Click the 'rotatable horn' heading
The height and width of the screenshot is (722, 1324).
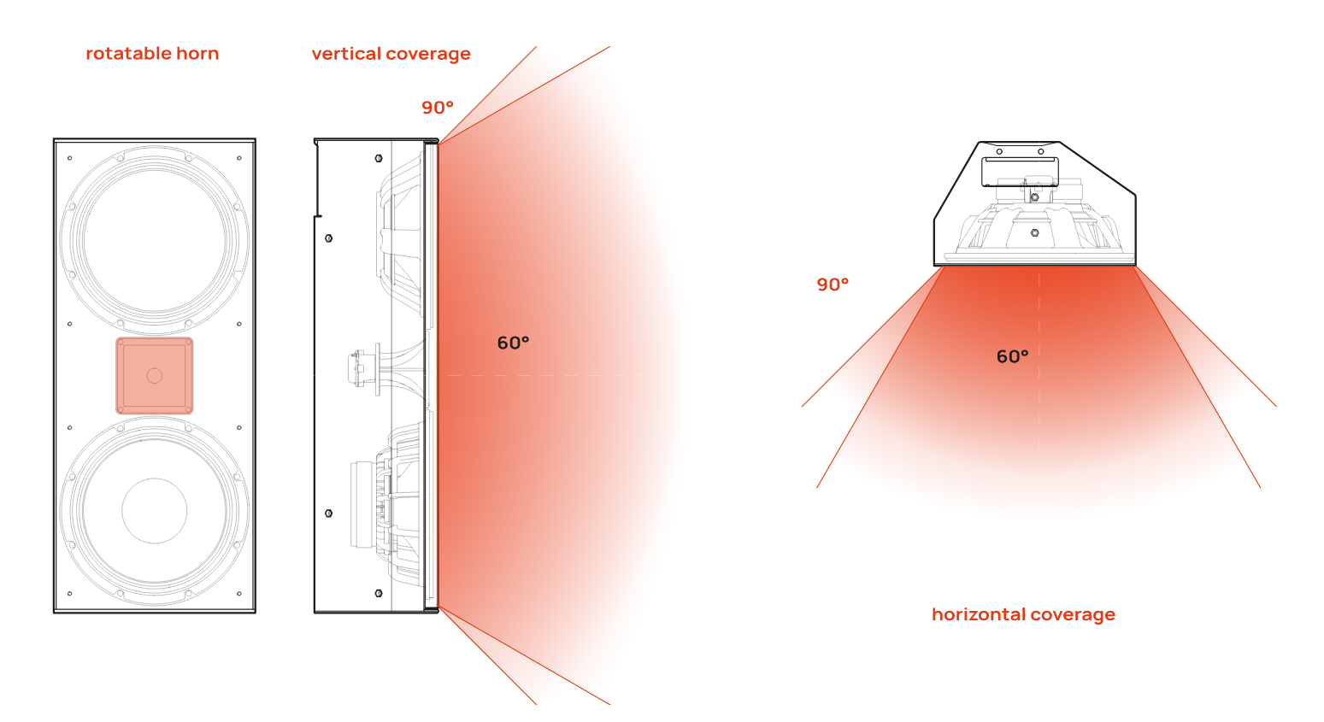[x=152, y=54]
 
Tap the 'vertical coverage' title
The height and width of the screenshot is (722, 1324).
[x=391, y=54]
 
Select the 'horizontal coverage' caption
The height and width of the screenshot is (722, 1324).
[x=1024, y=614]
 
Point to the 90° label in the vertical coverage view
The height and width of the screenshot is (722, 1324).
[x=438, y=108]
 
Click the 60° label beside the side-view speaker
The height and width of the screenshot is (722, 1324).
[x=513, y=343]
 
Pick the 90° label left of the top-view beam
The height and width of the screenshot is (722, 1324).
[x=833, y=285]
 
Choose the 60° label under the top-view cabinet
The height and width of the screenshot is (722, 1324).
[x=1013, y=356]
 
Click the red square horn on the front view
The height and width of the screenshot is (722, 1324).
[x=154, y=376]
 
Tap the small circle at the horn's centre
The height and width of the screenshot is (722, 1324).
[x=154, y=376]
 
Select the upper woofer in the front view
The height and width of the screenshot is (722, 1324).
[x=154, y=240]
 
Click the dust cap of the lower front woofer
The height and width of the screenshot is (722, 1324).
[x=154, y=510]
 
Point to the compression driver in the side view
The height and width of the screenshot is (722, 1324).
[x=361, y=368]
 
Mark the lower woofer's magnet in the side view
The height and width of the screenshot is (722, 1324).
[x=362, y=505]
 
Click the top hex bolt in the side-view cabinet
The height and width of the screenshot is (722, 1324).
[x=379, y=158]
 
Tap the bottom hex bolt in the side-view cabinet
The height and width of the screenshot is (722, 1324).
[x=379, y=593]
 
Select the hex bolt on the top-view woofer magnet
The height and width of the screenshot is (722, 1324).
[x=1034, y=232]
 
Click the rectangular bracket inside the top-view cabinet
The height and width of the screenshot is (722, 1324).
[x=1020, y=172]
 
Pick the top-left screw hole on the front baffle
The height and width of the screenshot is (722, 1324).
[x=70, y=158]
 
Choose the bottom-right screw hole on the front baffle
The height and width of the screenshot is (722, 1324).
[x=238, y=593]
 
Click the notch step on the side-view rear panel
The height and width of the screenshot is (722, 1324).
[x=318, y=216]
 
